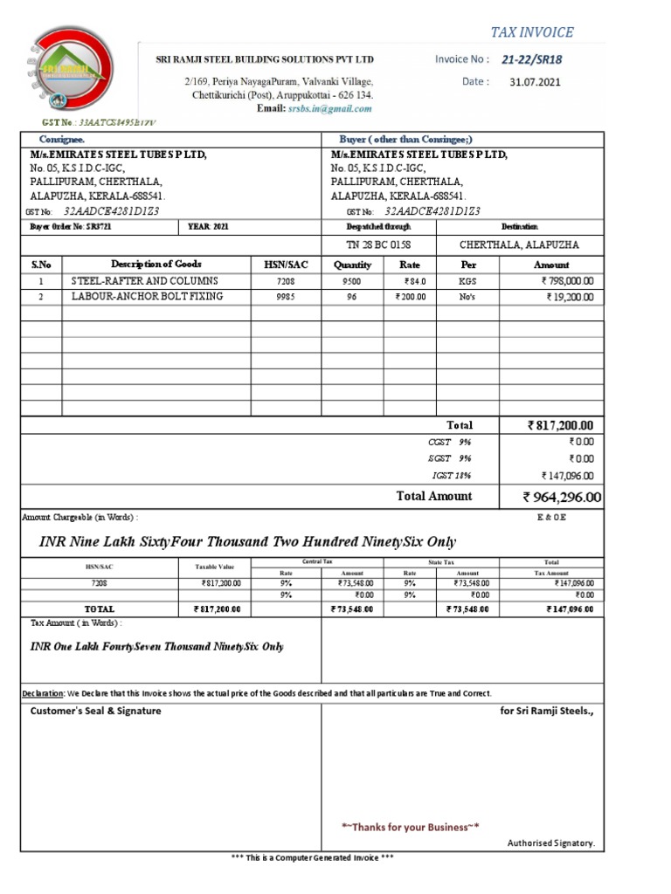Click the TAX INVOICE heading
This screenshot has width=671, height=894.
(531, 32)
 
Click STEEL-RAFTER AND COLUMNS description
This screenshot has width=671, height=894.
(144, 281)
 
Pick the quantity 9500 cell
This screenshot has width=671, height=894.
(352, 281)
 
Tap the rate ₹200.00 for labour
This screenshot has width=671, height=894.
(409, 297)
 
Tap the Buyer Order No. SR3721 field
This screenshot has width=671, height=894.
(71, 227)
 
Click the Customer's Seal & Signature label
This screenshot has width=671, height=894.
(96, 711)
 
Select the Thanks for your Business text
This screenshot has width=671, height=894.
(410, 826)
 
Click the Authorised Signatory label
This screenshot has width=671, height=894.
(550, 842)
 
